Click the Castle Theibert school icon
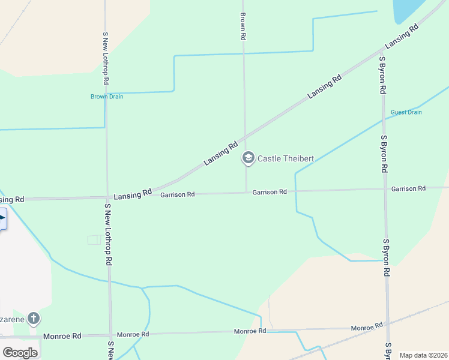[248, 158]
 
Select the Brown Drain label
[107, 97]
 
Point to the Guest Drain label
[406, 112]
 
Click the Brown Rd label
[243, 26]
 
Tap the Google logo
[20, 352]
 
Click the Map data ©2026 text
[424, 355]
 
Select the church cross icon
[34, 317]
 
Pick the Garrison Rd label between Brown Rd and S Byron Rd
[270, 192]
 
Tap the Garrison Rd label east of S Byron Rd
[408, 188]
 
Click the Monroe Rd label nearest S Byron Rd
[367, 327]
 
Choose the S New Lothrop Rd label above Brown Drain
[106, 58]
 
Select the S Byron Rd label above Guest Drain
[382, 76]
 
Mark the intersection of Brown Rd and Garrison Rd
[246, 193]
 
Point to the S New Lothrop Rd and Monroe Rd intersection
[110, 335]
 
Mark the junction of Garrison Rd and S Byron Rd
[385, 189]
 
